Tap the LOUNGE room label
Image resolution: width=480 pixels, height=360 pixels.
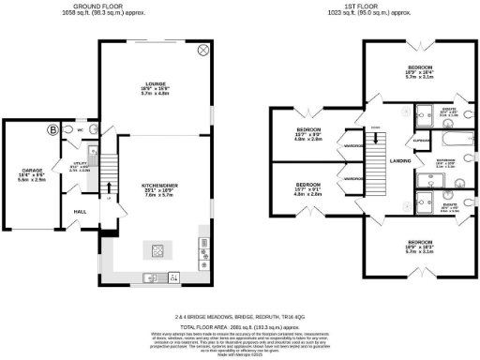[153, 84]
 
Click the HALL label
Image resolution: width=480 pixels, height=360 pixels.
[81, 212]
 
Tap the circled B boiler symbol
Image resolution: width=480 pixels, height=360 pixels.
[52, 128]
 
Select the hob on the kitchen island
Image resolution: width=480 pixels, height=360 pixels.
[153, 250]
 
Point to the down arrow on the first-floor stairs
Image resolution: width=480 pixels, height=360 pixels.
[376, 130]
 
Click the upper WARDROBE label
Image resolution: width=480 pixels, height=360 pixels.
[352, 146]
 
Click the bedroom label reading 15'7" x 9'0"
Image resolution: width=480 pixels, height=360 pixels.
[308, 133]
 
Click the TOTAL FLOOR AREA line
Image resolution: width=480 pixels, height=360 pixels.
[240, 322]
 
